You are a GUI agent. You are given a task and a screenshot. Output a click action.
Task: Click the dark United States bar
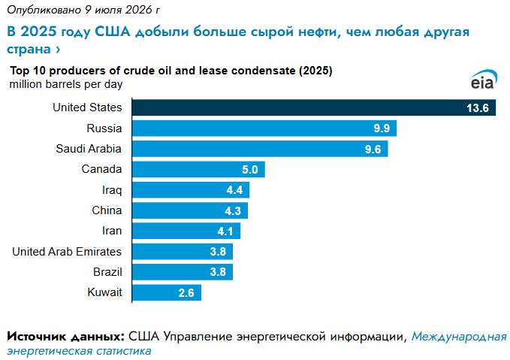coord(314,107)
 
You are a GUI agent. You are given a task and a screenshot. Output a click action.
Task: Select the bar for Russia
coord(264,129)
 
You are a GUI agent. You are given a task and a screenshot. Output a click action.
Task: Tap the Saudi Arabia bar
coord(260,149)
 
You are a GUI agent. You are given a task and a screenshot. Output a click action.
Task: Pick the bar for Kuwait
coord(167,292)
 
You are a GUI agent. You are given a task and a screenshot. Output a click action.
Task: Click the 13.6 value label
coord(478,108)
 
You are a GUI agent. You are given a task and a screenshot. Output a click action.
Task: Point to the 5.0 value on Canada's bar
coord(250,170)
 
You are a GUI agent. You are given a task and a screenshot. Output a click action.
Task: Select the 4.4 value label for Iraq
coord(234,190)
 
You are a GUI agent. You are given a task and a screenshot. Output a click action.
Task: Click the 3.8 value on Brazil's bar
coord(218,272)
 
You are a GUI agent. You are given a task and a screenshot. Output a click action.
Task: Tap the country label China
coord(107,210)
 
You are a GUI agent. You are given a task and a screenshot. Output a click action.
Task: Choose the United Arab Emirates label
coord(67,252)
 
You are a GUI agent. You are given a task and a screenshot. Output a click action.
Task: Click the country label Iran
coord(112,231)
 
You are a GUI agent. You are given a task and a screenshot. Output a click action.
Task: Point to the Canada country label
coord(101,169)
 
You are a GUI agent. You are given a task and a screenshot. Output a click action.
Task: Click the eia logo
coord(484,80)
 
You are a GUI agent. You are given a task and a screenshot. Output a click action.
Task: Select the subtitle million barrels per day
coord(65,84)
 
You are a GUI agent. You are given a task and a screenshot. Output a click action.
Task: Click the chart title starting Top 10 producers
coord(171,71)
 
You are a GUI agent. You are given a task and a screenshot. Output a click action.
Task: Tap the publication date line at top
coord(83,10)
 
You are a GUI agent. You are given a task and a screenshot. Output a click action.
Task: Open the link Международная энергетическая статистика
coord(257,343)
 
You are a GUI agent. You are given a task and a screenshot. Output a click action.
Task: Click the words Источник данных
coord(65,337)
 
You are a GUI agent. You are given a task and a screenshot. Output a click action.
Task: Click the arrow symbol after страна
coord(58,50)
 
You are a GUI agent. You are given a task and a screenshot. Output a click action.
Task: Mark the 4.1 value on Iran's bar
coord(225,231)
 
